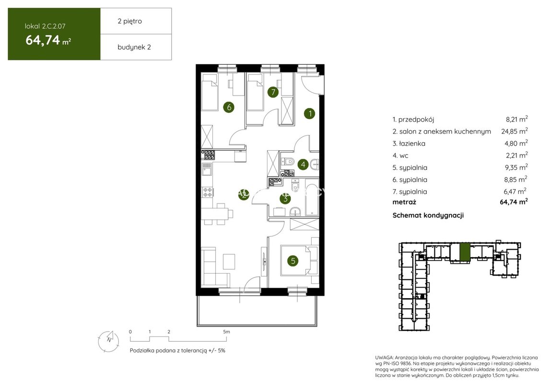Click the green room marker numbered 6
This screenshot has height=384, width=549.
(x=229, y=107)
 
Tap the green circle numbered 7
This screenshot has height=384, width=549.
(x=273, y=92)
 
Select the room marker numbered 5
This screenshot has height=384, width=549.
(x=292, y=261)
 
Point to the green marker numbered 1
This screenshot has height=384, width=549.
(x=310, y=113)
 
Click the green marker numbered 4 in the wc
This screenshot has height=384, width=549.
(x=303, y=164)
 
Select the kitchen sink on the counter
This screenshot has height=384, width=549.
(x=207, y=169)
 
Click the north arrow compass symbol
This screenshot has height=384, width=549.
(x=108, y=341)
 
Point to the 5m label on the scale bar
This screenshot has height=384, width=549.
(x=226, y=332)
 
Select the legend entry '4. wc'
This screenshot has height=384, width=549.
(x=400, y=156)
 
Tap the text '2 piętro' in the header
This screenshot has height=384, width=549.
(x=129, y=22)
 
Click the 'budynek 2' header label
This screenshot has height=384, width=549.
(x=134, y=48)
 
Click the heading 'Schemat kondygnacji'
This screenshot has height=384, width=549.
(x=428, y=216)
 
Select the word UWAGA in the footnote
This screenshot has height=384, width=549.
(x=384, y=358)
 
